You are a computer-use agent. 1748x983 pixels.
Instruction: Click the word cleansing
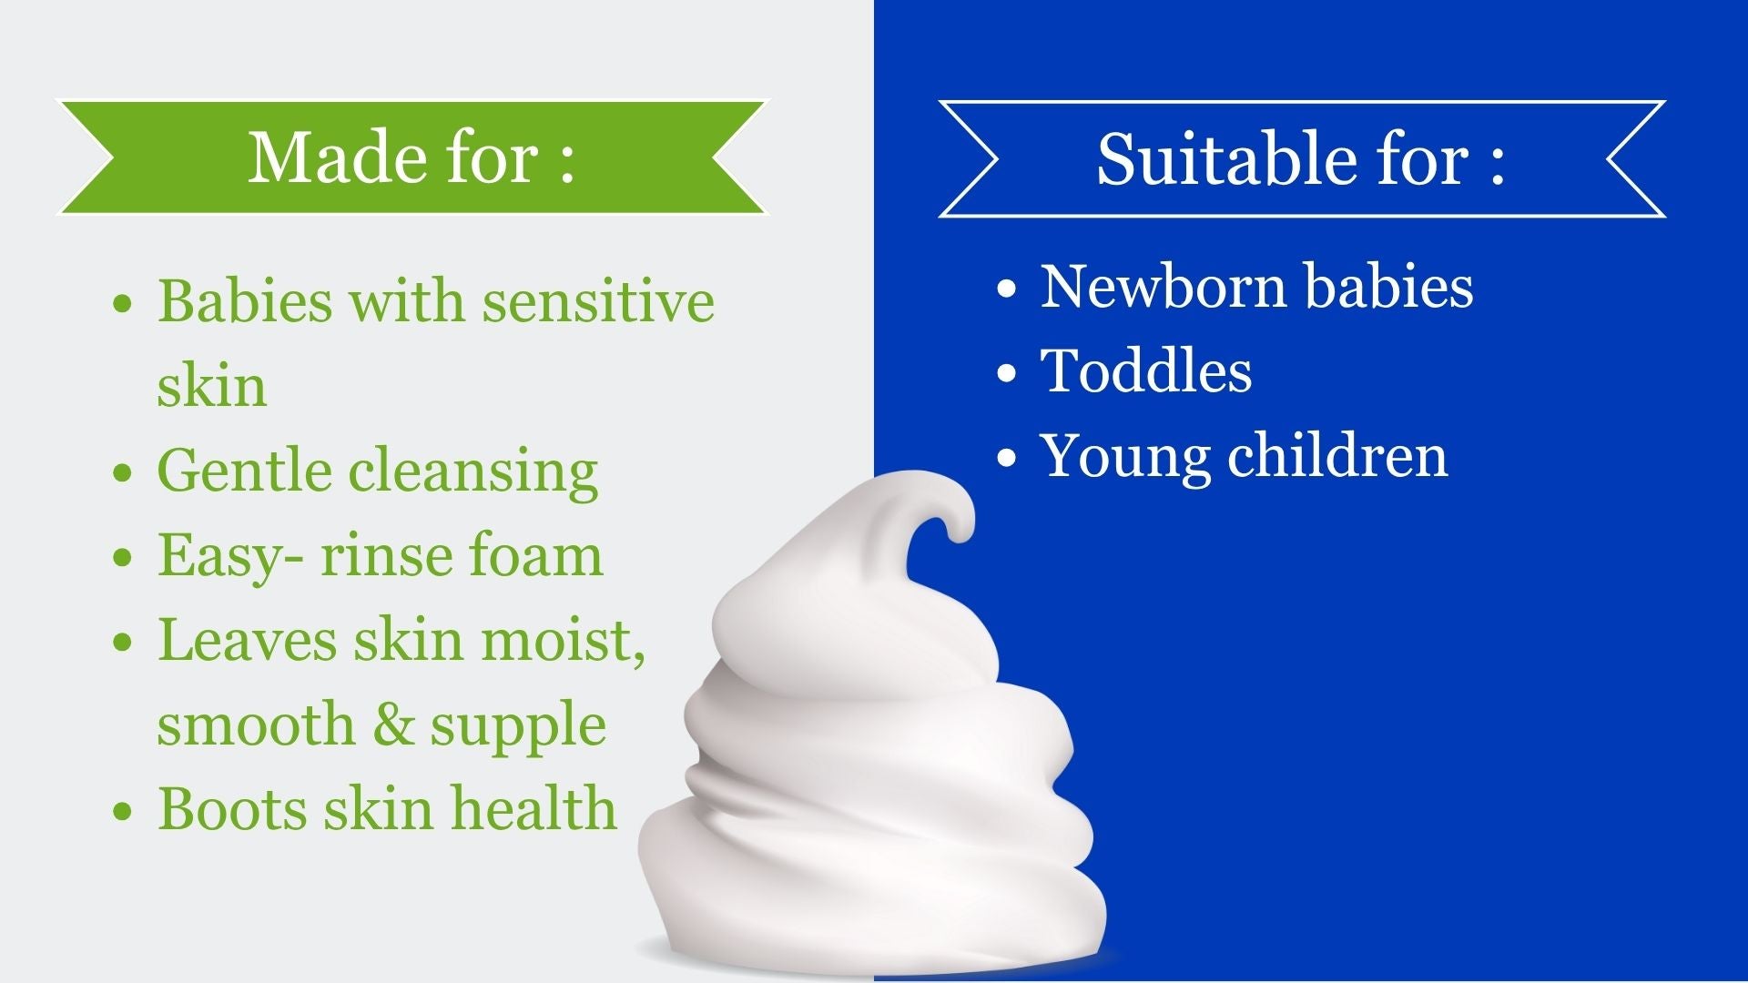point(473,471)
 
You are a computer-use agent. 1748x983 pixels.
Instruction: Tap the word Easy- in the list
point(231,556)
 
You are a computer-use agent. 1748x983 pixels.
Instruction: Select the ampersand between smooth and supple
point(394,725)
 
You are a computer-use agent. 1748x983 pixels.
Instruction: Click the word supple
point(518,726)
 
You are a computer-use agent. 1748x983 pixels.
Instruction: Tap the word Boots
point(233,808)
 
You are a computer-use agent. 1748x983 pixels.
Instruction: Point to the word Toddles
point(1146,370)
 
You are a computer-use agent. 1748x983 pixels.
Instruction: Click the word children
point(1337,455)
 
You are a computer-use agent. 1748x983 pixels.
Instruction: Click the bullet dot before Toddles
point(1006,373)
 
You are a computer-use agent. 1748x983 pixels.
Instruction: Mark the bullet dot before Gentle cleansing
point(123,473)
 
